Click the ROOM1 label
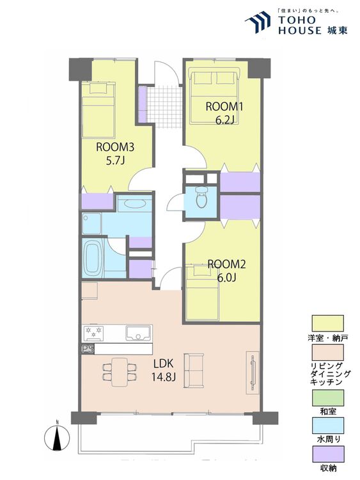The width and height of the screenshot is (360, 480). (224, 107)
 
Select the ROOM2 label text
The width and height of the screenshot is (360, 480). (226, 264)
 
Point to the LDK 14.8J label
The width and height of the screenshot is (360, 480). (163, 371)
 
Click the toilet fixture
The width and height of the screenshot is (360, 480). (201, 197)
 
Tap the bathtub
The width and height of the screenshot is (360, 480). (93, 258)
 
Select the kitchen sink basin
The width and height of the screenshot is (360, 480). (138, 333)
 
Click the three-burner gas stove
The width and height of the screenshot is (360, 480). (93, 333)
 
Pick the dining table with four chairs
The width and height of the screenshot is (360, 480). (120, 372)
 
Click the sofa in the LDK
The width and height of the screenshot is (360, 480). (194, 371)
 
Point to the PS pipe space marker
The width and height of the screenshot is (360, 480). (88, 349)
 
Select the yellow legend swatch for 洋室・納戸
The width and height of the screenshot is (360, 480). (327, 323)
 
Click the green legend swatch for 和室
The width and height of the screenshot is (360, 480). (327, 397)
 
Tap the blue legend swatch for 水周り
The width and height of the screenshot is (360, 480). (327, 426)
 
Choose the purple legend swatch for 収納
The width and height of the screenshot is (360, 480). (327, 454)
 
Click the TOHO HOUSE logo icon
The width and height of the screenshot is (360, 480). (258, 22)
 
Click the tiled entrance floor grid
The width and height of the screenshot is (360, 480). (164, 107)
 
